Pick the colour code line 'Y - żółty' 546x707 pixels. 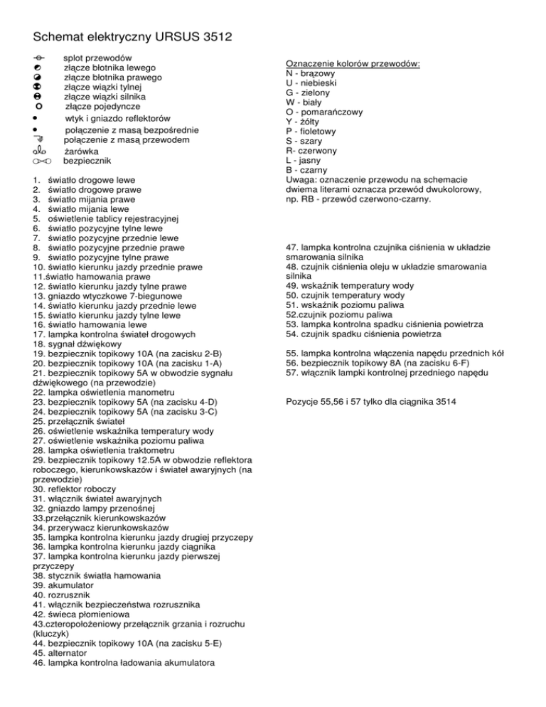tap(304, 122)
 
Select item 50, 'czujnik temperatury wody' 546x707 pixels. tap(346, 294)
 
